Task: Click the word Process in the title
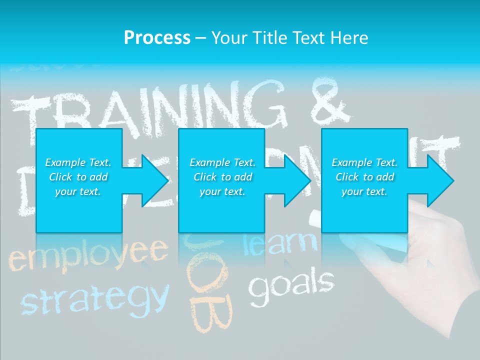[x=157, y=37]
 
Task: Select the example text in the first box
[x=78, y=177]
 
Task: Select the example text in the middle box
[x=222, y=177]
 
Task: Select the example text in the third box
[x=364, y=177]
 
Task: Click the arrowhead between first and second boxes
[x=153, y=180]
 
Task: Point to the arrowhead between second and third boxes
[x=296, y=180]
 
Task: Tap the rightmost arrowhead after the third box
[x=439, y=180]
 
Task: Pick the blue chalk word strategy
[x=93, y=297]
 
